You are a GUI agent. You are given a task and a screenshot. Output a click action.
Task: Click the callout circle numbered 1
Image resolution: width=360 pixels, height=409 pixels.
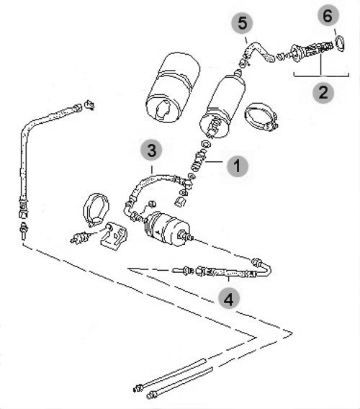point(237,166)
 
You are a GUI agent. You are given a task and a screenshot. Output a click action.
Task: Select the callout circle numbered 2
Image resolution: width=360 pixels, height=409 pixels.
point(323,92)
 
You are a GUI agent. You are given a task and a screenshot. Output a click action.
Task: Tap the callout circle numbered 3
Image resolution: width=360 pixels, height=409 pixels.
point(152,150)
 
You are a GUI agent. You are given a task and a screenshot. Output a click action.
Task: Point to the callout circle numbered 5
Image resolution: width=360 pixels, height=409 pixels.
point(242,23)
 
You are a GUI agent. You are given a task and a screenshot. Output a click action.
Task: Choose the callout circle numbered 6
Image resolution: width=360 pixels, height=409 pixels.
point(328,15)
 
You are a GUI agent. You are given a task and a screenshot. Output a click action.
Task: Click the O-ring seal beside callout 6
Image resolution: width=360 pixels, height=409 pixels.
point(340,43)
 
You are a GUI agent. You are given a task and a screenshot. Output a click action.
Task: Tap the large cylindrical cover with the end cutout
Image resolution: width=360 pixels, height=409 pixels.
point(172,87)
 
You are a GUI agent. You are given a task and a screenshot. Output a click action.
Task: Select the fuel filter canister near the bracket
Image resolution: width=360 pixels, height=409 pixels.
point(167,229)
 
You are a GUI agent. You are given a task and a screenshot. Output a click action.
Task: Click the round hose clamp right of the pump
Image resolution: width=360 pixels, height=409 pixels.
point(261,117)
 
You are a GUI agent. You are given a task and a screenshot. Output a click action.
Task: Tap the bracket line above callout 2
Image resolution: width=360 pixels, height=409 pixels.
point(321,75)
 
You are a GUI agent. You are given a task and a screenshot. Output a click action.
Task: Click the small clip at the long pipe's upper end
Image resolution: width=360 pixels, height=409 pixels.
point(90,105)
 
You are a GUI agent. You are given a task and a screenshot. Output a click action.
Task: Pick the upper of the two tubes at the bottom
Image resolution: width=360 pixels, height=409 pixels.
point(170,374)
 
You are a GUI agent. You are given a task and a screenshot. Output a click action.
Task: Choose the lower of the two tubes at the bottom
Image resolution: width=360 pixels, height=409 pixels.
point(180,382)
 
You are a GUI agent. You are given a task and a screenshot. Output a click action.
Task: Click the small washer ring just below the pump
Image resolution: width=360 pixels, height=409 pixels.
point(207,144)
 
